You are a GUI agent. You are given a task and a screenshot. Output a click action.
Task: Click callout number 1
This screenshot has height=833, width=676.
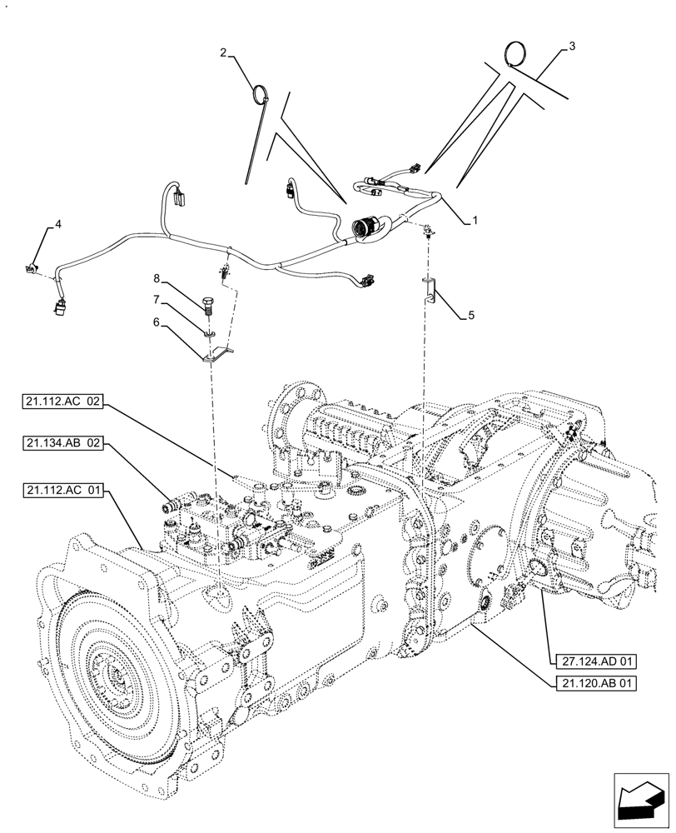click(x=474, y=220)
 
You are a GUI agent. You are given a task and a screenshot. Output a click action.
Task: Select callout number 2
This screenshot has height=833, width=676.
click(x=224, y=52)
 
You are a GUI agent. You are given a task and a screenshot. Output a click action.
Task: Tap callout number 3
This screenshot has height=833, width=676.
click(x=571, y=47)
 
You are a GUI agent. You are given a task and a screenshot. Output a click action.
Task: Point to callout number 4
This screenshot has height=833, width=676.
click(x=58, y=223)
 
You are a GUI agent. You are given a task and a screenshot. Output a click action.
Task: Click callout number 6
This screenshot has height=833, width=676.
click(x=156, y=321)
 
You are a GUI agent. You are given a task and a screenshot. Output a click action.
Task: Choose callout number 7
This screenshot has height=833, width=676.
click(x=156, y=298)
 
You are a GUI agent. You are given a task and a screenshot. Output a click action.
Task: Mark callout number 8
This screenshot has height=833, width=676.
click(x=156, y=277)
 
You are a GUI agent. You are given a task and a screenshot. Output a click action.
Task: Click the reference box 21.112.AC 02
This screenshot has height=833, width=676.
click(x=63, y=402)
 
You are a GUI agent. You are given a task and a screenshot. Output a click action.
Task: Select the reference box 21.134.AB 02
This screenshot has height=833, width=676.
click(x=63, y=443)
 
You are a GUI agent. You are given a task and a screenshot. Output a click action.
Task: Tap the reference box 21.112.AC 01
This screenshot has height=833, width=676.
click(x=63, y=491)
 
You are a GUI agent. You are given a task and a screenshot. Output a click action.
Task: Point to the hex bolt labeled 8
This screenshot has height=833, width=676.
click(x=207, y=304)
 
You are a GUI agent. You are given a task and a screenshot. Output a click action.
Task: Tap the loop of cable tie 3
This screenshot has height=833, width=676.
click(x=516, y=55)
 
